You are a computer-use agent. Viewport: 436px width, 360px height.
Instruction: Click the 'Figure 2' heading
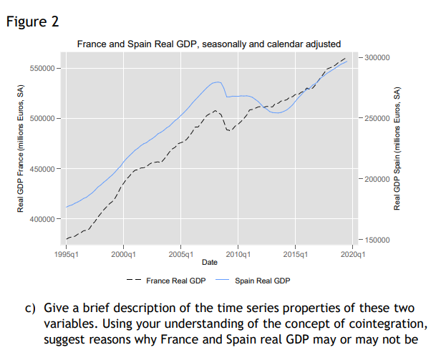32,21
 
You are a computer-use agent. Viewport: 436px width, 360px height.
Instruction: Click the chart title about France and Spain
208,44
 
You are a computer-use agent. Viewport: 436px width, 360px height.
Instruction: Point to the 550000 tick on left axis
44,69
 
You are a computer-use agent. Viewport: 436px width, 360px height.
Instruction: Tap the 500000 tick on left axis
44,118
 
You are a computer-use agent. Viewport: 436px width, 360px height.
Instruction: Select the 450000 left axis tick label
44,169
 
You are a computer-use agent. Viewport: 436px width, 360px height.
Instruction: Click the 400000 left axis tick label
44,219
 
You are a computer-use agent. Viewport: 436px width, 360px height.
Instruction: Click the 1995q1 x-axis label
67,254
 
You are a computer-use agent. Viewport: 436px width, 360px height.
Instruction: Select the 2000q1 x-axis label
124,254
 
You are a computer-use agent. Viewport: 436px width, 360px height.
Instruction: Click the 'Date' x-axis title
209,263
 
